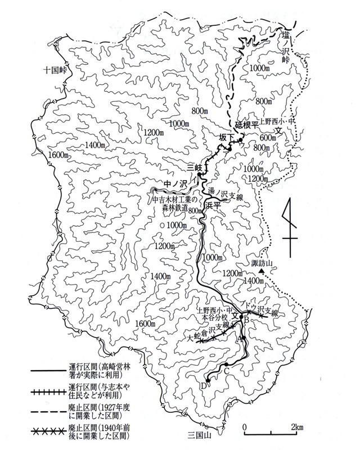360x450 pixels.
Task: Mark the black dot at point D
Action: point(208,381)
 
